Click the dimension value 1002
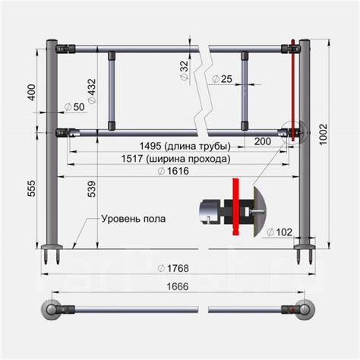coord(324,134)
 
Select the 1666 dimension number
coord(178,286)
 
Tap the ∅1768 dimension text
coord(173,268)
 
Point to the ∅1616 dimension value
coord(173,171)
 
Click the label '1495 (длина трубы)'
coord(185,146)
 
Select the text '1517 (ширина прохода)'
coord(175,159)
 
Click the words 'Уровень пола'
coord(134,219)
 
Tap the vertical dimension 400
coord(31,92)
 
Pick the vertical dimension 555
coord(31,188)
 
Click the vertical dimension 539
coord(92,189)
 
